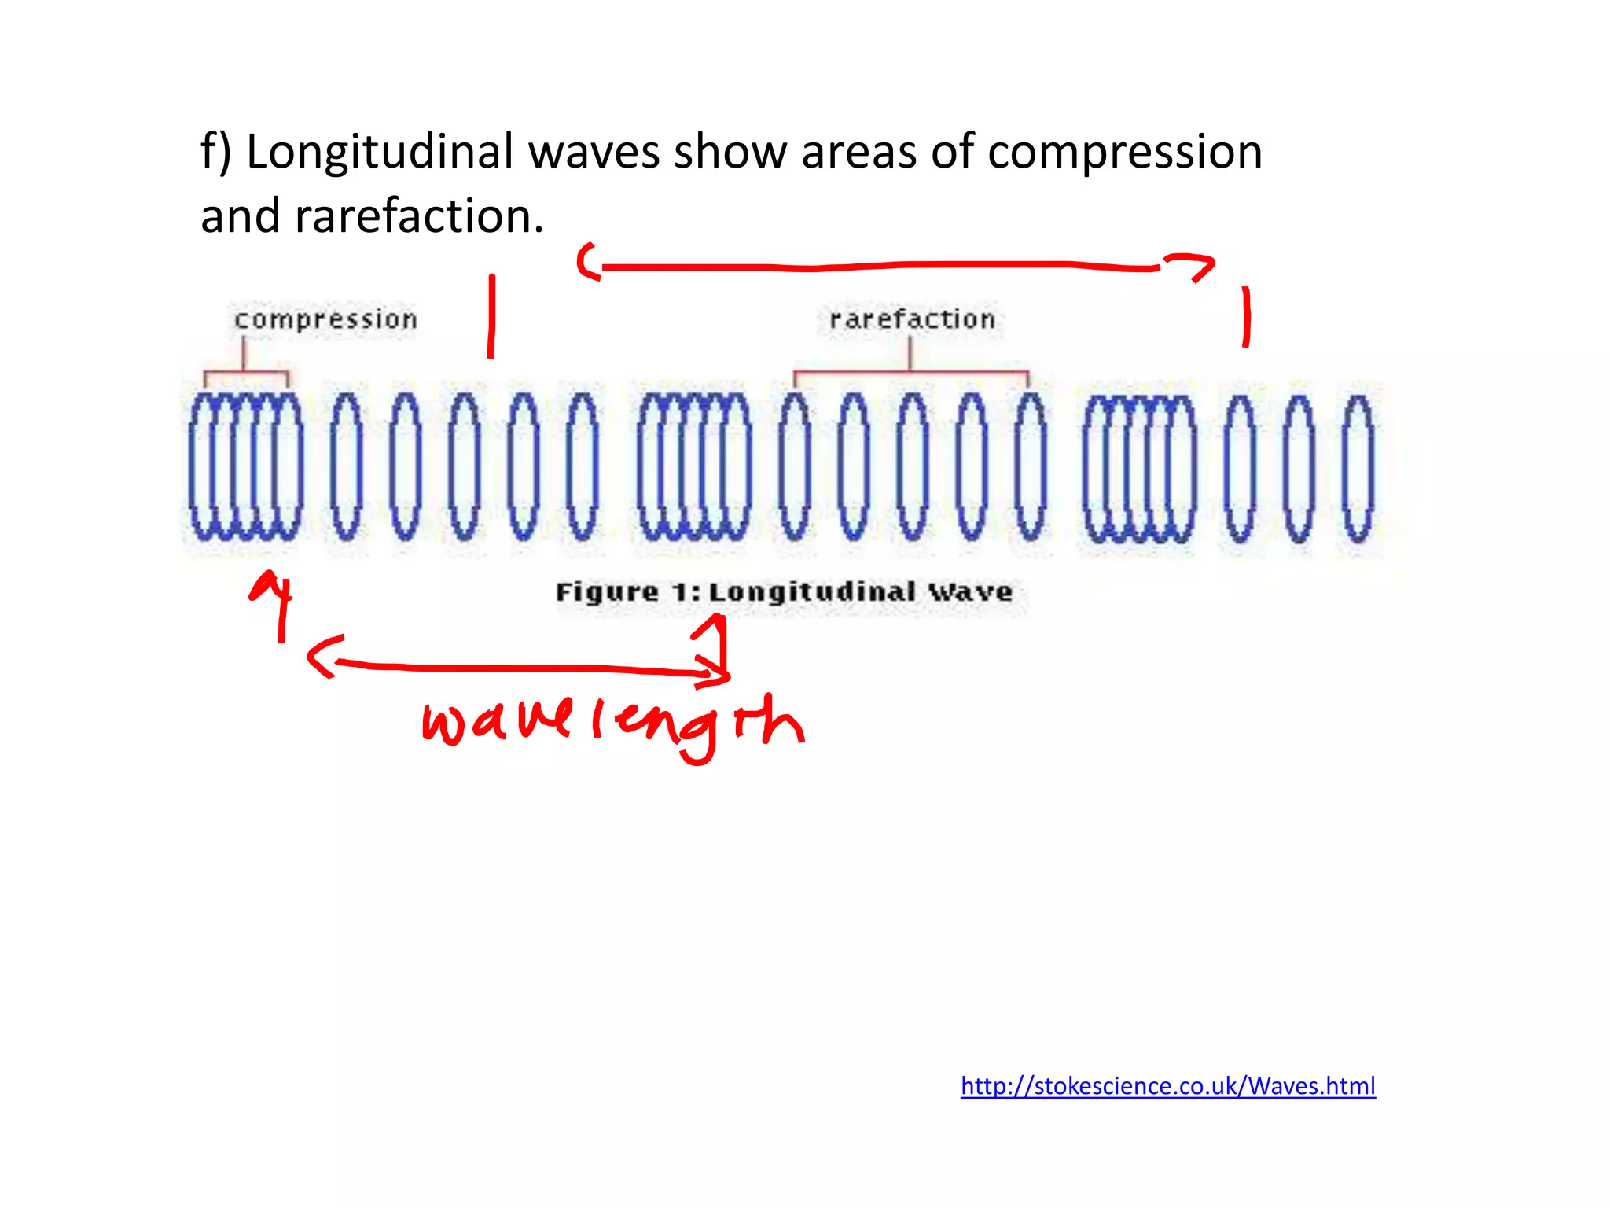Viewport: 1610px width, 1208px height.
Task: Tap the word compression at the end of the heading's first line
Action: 1124,152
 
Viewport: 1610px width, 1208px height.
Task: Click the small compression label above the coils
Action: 325,319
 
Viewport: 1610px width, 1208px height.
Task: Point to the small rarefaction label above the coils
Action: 912,319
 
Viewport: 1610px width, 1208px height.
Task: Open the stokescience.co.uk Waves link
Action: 1167,1086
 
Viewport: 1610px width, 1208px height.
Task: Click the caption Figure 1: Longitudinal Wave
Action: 784,592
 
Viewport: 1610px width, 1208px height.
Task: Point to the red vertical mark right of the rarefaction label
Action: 1246,317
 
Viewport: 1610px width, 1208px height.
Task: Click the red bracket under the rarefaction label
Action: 910,371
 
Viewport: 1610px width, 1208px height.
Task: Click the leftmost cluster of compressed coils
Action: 245,467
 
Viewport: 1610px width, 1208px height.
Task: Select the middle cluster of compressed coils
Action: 693,467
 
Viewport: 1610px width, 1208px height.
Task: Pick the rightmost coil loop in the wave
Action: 1358,469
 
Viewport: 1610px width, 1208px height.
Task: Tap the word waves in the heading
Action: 594,152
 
